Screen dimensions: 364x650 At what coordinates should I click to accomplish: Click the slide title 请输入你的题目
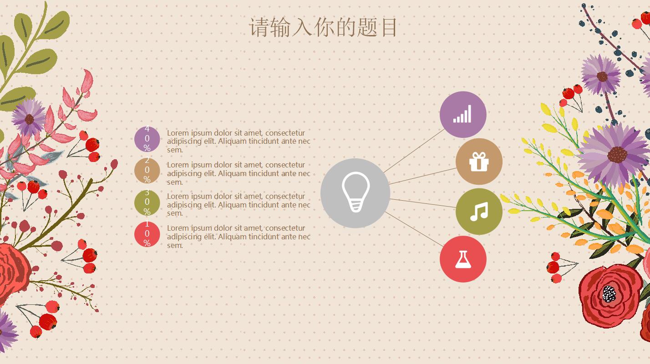point(323,27)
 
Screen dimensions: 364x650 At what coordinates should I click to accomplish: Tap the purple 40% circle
point(147,139)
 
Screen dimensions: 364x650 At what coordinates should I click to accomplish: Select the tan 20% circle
point(147,171)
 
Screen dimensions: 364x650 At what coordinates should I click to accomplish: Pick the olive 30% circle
point(147,202)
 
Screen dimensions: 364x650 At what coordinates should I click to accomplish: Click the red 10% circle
point(147,234)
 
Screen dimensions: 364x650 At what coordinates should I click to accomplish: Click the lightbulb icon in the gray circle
point(355,192)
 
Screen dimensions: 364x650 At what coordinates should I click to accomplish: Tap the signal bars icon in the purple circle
point(462,114)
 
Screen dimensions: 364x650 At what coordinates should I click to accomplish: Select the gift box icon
point(479,162)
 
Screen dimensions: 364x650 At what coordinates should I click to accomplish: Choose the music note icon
point(479,212)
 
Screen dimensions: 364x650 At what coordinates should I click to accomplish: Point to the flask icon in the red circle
point(463,259)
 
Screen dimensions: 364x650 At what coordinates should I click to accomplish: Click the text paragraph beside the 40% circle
point(238,141)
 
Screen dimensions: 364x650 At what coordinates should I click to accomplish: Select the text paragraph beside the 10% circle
point(238,237)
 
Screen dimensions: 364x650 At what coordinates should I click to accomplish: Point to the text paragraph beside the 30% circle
point(238,205)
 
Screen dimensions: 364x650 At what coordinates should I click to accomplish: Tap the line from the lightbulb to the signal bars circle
point(414,151)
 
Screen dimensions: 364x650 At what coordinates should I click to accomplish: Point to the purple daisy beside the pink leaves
point(29,118)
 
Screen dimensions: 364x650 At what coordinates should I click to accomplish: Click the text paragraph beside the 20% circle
point(238,173)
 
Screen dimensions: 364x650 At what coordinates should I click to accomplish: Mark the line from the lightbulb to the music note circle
point(423,203)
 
